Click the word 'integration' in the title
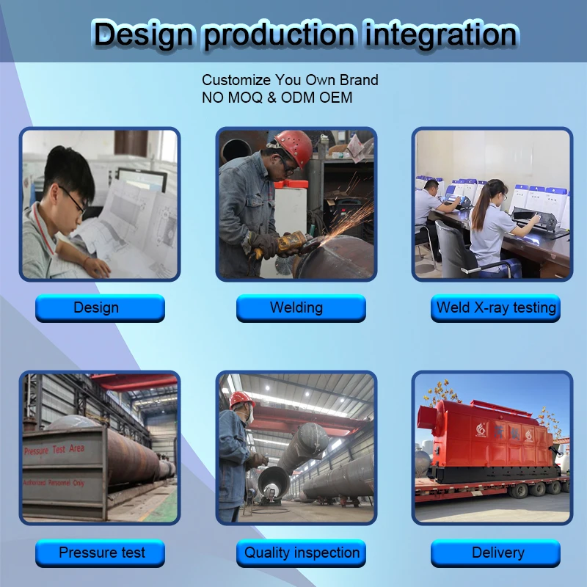[441, 34]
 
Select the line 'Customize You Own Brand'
[290, 80]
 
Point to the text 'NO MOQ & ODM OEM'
[277, 97]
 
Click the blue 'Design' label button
[100, 308]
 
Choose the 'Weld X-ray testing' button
[495, 308]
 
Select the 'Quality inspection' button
[301, 553]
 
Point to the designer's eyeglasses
[73, 200]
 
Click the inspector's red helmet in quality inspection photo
[240, 398]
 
